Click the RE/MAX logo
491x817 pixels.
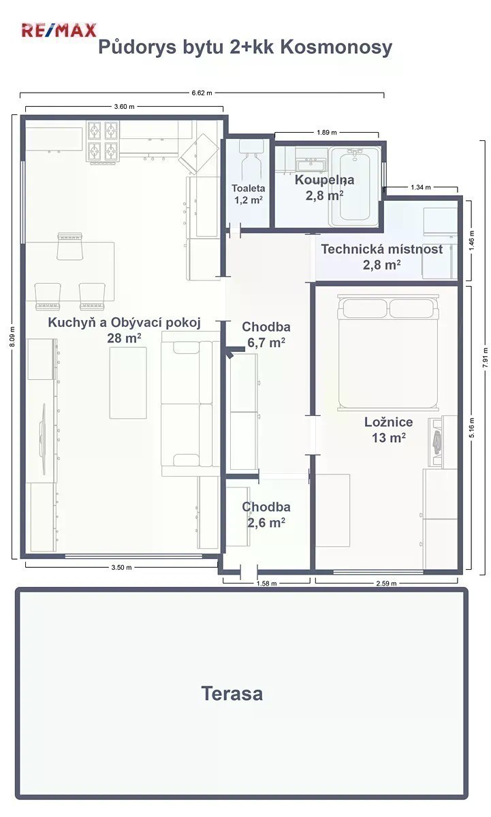(59, 30)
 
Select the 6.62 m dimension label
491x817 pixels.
(202, 93)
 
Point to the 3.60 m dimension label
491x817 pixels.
(124, 106)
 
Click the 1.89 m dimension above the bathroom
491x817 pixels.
(326, 132)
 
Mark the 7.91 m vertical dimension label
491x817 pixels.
(485, 357)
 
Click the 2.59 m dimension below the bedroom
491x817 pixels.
(386, 583)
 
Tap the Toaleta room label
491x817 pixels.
(249, 188)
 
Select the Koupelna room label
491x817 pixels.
(324, 180)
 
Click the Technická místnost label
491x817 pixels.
(382, 249)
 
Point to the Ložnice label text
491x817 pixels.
(388, 422)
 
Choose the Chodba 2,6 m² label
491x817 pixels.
(266, 515)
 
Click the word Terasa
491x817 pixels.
(232, 694)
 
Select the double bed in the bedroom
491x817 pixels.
(388, 353)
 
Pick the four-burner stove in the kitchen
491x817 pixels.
(103, 142)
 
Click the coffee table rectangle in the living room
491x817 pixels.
(128, 383)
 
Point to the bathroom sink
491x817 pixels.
(310, 165)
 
